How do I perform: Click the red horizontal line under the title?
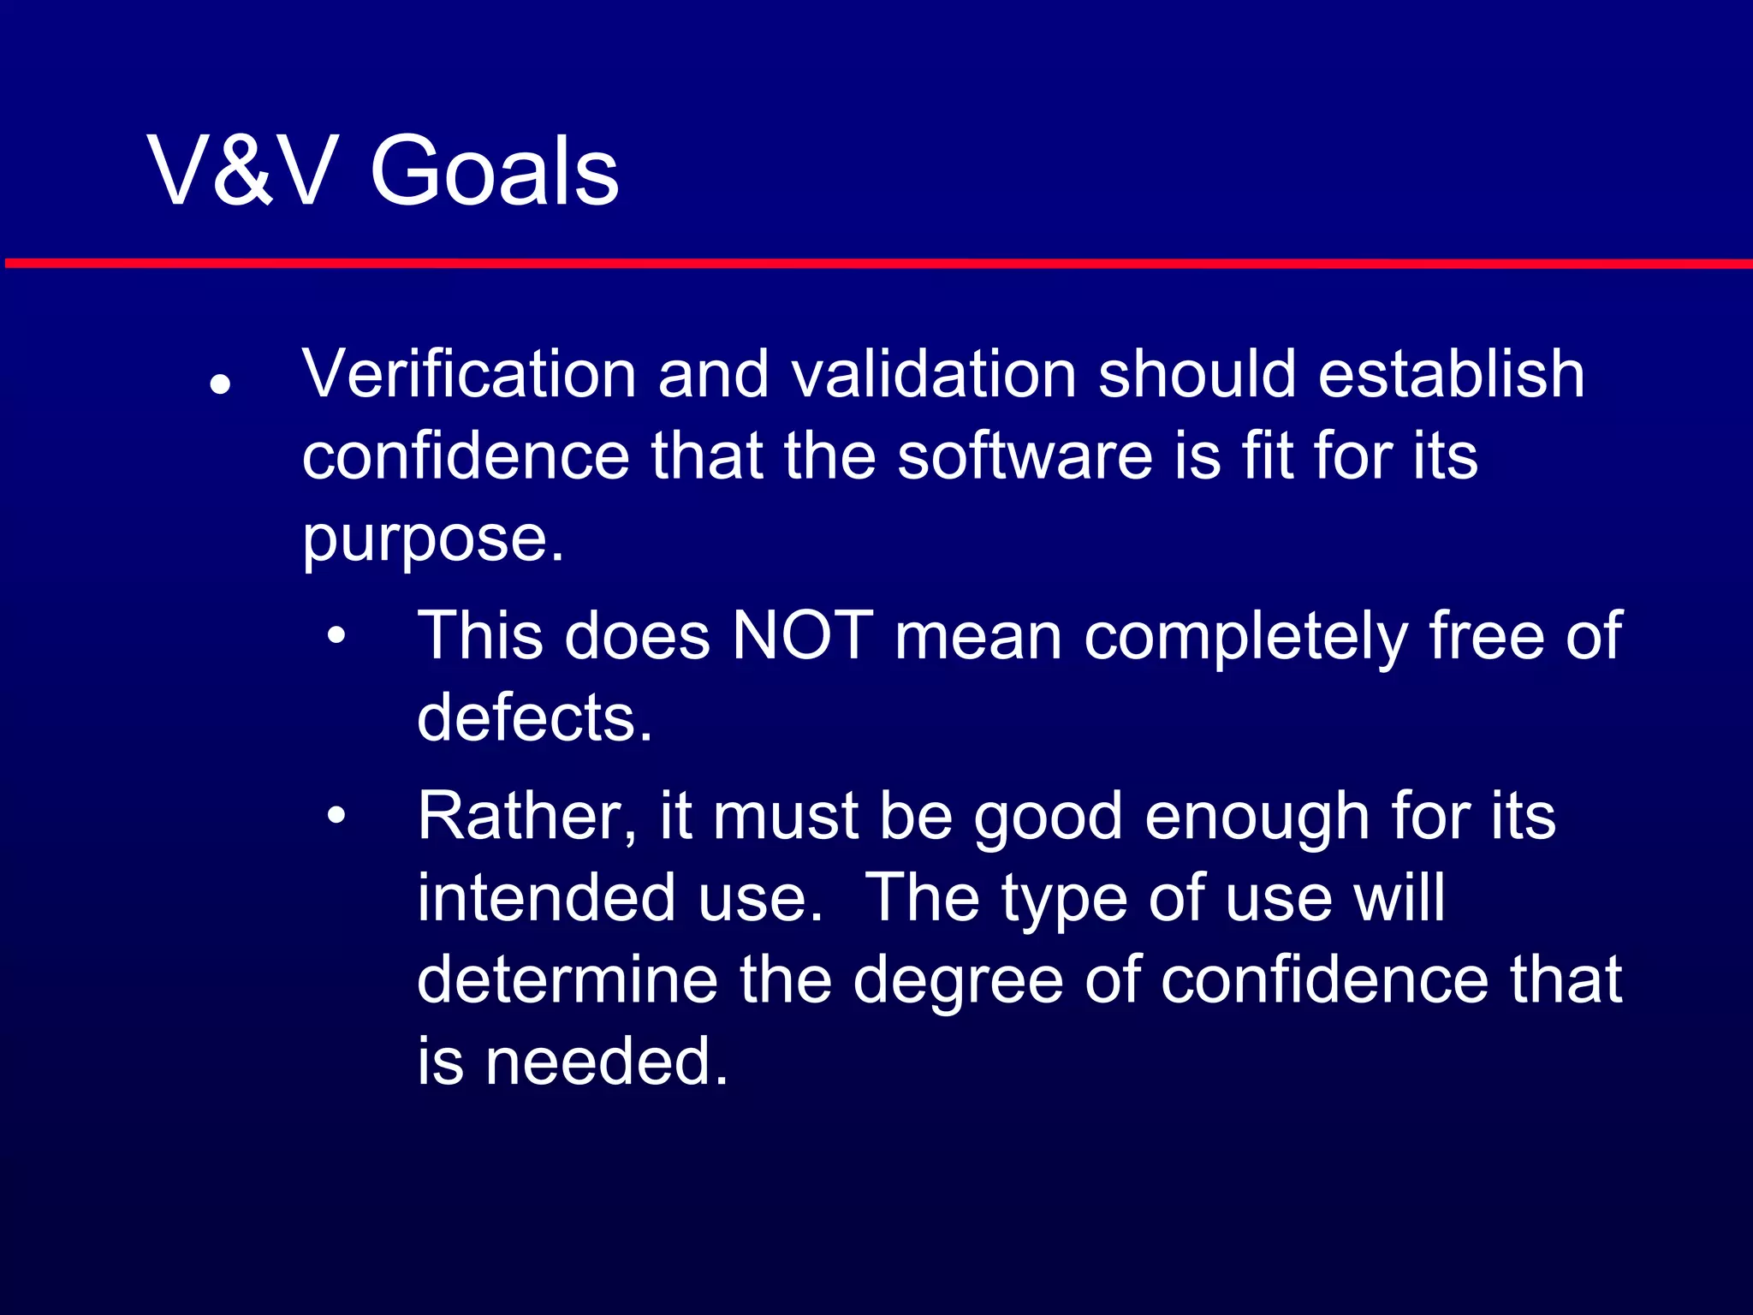point(876,264)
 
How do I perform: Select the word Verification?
point(469,375)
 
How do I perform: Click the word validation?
point(933,375)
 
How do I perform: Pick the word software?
point(1025,456)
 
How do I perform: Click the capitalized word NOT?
point(802,636)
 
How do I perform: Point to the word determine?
point(567,979)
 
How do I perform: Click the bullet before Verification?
point(221,384)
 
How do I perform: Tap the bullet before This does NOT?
point(336,636)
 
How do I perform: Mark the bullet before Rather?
point(336,816)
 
